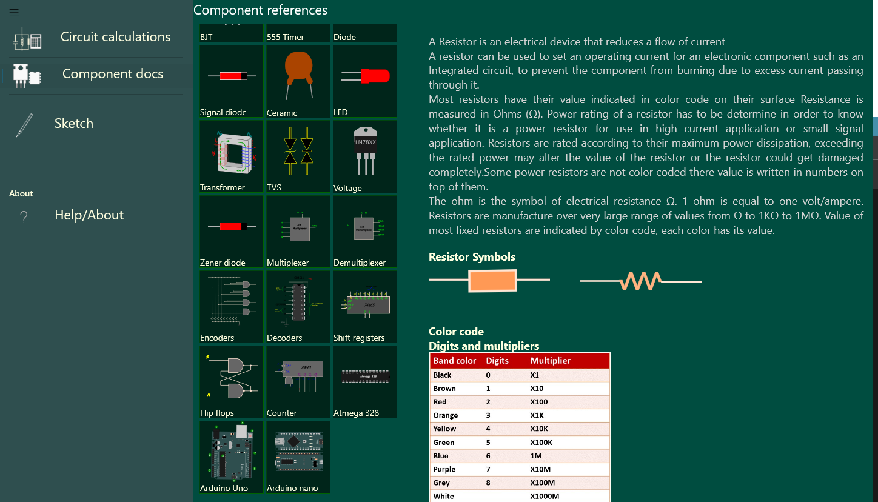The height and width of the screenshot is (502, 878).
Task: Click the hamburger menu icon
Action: pyautogui.click(x=14, y=12)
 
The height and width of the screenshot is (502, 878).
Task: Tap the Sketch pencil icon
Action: pyautogui.click(x=24, y=124)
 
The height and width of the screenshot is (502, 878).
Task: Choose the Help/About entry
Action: pyautogui.click(x=89, y=215)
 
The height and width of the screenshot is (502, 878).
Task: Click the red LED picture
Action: pyautogui.click(x=366, y=76)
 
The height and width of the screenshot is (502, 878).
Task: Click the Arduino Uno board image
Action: pyautogui.click(x=232, y=453)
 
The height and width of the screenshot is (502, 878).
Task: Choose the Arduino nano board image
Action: pyautogui.click(x=298, y=452)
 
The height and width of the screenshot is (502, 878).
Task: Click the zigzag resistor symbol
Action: pyautogui.click(x=641, y=281)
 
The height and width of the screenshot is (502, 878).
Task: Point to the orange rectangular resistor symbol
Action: pyautogui.click(x=492, y=281)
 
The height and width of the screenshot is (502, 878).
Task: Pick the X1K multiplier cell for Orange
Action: pyautogui.click(x=538, y=416)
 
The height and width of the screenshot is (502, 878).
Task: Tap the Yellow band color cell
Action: pyautogui.click(x=444, y=429)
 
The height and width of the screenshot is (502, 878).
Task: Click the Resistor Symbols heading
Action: pyautogui.click(x=472, y=257)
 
